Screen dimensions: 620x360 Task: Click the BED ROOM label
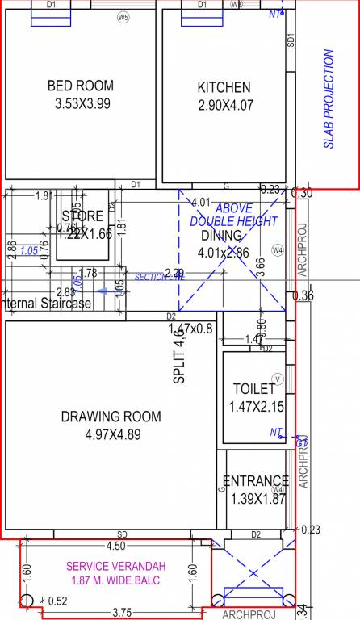click(x=80, y=86)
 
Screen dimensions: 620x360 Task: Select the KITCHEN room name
click(x=224, y=87)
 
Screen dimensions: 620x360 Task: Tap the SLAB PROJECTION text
click(x=329, y=99)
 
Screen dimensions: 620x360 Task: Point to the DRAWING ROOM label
click(x=111, y=417)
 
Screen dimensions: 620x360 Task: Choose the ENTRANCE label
click(x=255, y=481)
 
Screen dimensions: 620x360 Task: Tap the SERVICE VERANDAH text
click(x=113, y=566)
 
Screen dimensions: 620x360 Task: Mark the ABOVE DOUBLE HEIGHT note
click(x=233, y=215)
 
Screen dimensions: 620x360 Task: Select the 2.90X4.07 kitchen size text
click(x=224, y=105)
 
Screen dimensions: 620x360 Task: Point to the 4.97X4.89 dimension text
click(x=112, y=434)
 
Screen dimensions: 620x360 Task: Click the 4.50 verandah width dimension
click(x=115, y=545)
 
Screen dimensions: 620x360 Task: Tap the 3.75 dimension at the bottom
click(x=122, y=612)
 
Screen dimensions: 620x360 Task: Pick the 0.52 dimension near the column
click(x=57, y=601)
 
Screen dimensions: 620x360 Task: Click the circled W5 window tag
click(x=123, y=16)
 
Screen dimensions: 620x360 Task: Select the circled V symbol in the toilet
click(x=278, y=378)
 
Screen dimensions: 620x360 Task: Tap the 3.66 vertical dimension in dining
click(x=260, y=267)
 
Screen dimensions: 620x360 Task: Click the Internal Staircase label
click(x=45, y=304)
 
